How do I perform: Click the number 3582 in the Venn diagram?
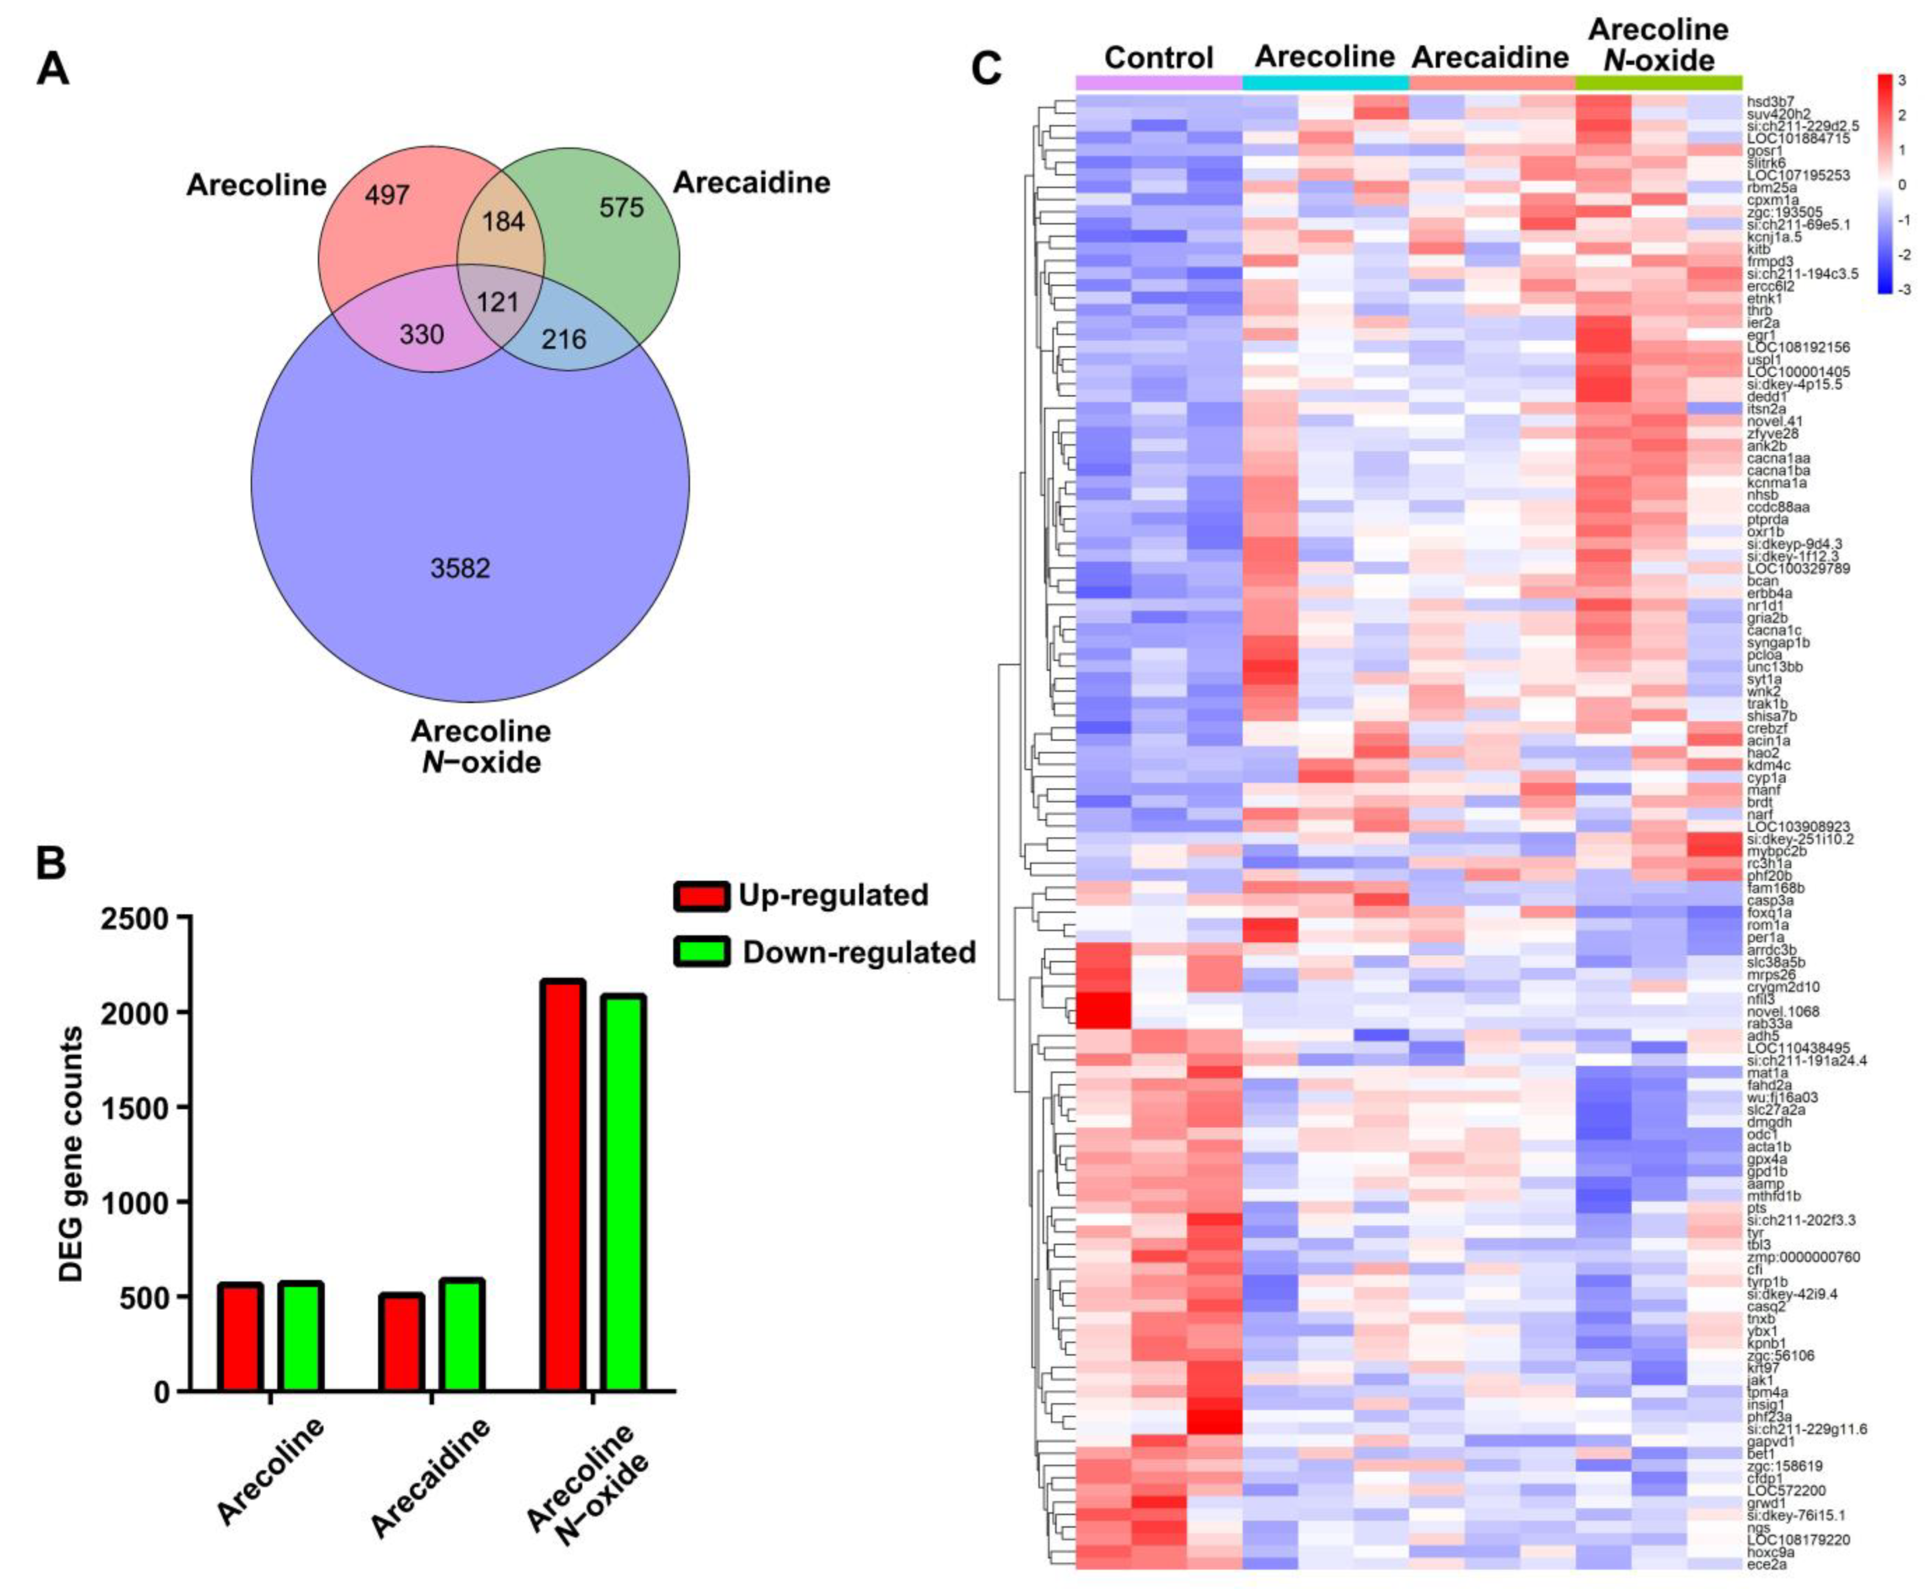click(x=460, y=568)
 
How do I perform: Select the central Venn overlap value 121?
click(x=498, y=301)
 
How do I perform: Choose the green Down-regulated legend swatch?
click(x=701, y=952)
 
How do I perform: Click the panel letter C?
click(x=986, y=69)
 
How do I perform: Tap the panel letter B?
click(x=52, y=863)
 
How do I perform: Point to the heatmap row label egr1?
click(x=1762, y=335)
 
